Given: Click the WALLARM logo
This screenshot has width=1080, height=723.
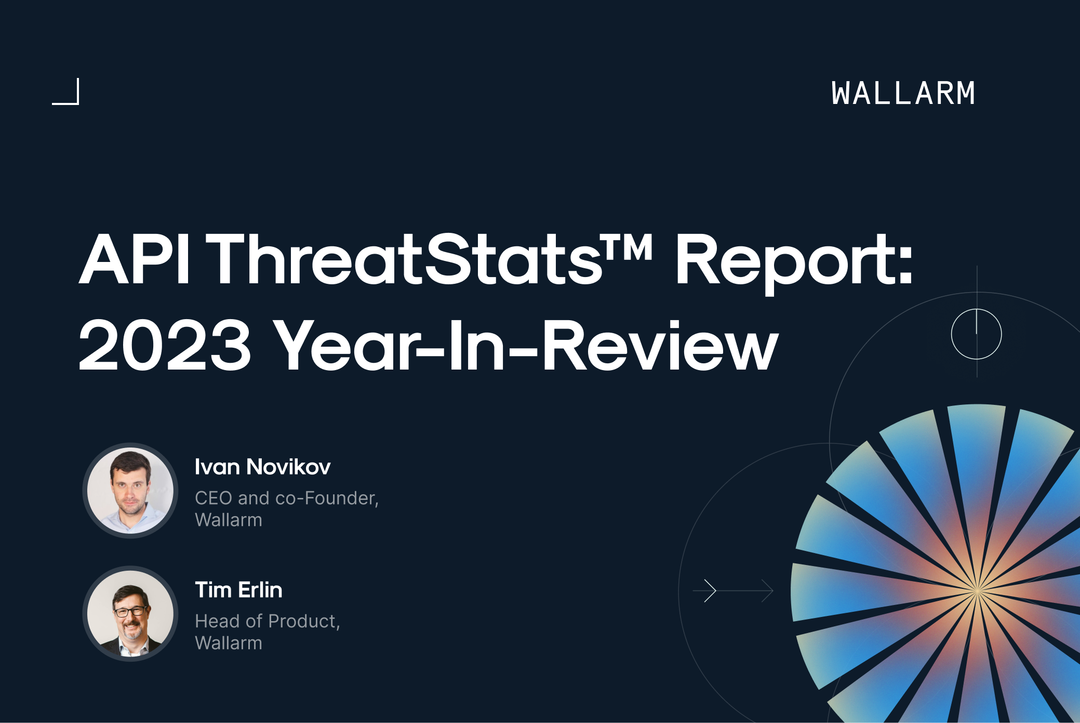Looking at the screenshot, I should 903,94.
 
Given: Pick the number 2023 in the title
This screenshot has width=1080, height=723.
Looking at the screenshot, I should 165,345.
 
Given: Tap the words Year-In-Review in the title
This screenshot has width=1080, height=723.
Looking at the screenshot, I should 525,345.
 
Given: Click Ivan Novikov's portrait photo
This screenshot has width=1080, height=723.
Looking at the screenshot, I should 130,490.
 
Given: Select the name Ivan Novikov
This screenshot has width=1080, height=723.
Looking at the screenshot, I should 262,467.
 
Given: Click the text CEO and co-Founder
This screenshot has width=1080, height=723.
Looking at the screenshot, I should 286,498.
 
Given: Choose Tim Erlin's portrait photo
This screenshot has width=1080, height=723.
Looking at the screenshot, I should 130,613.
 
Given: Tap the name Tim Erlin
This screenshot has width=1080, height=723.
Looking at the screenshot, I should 238,590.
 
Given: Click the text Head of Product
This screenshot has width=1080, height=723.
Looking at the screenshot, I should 267,621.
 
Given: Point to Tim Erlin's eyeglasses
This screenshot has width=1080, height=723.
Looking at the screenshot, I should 130,611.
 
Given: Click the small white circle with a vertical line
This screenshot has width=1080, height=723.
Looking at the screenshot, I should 976,334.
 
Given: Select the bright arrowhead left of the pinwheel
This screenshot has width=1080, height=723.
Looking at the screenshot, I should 710,590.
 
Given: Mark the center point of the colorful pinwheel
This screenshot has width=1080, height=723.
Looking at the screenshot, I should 977,591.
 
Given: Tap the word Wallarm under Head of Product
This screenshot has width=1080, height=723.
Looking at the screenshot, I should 229,643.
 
